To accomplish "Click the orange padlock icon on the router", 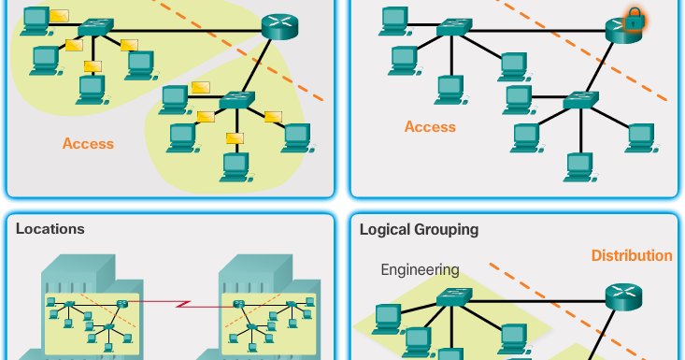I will [x=635, y=19].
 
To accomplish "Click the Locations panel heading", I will [x=50, y=229].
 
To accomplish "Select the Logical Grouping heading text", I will [x=419, y=229].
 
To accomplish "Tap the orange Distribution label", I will [x=631, y=255].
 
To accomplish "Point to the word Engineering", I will [x=420, y=270].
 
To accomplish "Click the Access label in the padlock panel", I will [x=430, y=127].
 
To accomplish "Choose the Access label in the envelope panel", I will [x=88, y=144].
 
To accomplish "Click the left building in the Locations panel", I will [x=89, y=309].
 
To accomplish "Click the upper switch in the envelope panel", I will [x=95, y=28].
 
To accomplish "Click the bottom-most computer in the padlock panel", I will [x=579, y=166].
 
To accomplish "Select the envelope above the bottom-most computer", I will [x=235, y=138].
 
